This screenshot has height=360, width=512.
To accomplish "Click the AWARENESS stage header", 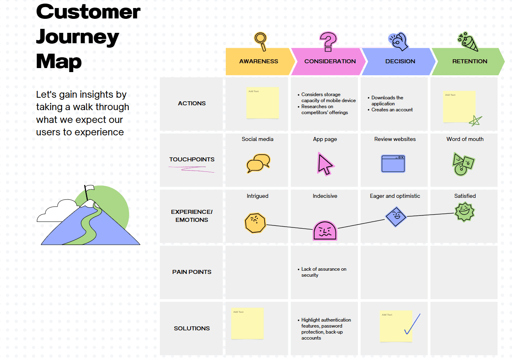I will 259,61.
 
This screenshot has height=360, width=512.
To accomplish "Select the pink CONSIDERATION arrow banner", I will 330,61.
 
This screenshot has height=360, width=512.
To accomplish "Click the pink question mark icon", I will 328,41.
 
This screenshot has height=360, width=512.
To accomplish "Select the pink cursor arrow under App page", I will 325,164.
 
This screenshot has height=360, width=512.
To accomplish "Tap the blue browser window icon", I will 393,164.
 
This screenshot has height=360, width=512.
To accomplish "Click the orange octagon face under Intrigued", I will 255,223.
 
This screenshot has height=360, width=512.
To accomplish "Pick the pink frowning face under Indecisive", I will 325,231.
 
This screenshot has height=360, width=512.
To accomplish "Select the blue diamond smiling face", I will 396,217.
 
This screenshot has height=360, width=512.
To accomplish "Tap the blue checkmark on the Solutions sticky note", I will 412,324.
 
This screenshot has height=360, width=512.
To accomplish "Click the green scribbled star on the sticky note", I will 475,121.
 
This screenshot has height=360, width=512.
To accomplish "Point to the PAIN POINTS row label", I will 192,272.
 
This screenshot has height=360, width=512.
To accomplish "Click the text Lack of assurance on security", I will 323,272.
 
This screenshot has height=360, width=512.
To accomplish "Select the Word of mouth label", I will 465,139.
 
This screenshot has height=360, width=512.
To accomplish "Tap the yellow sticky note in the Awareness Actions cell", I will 262,103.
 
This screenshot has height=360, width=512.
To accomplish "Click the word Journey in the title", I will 78,37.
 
